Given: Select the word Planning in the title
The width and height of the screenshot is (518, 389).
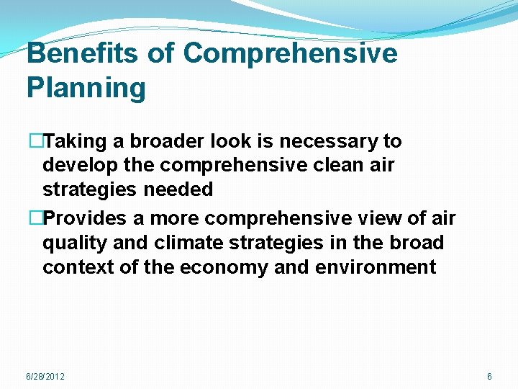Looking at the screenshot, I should click(86, 88).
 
